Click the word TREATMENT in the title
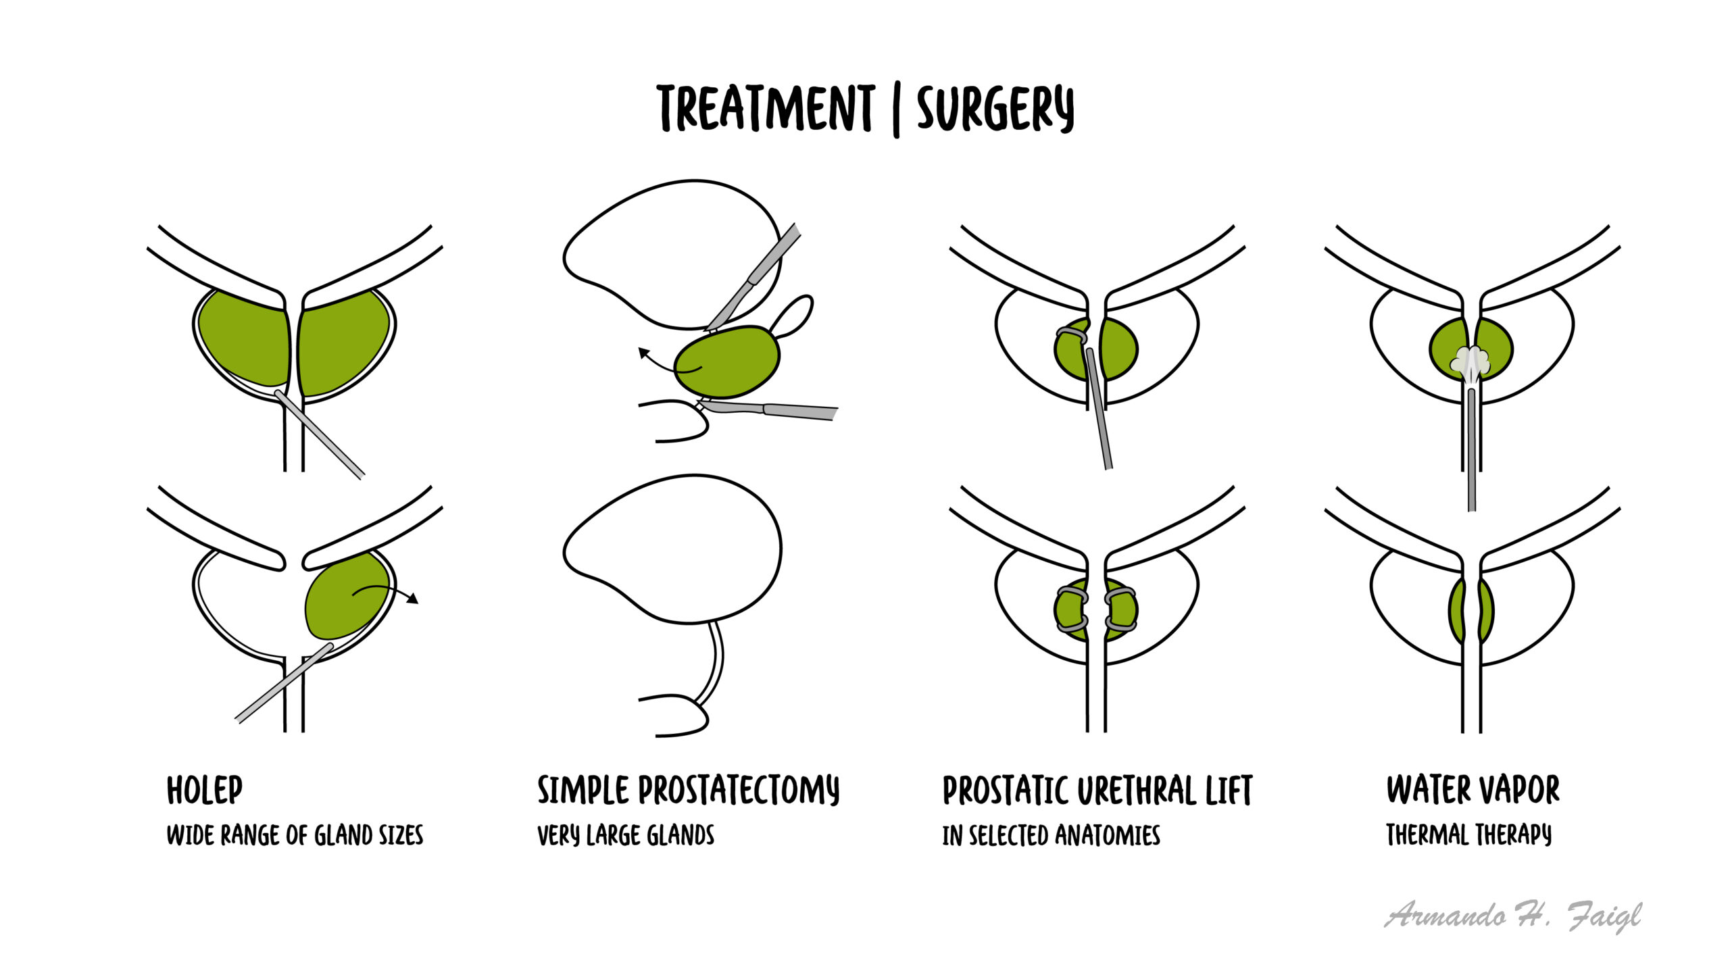(766, 109)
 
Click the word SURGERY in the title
(995, 109)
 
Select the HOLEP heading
(205, 790)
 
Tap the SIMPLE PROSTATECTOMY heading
(689, 790)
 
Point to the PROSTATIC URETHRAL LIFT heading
(1097, 790)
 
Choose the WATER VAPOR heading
(1473, 789)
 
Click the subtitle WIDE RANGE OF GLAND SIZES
(295, 836)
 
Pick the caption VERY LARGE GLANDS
(626, 836)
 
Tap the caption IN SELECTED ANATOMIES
(1052, 836)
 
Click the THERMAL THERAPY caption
(1469, 835)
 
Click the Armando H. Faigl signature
(1513, 916)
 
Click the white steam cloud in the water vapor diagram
(1470, 361)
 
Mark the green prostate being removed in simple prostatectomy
(728, 362)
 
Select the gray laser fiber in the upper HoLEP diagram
(319, 434)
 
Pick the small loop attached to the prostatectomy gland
(792, 316)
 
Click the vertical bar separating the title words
(896, 111)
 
